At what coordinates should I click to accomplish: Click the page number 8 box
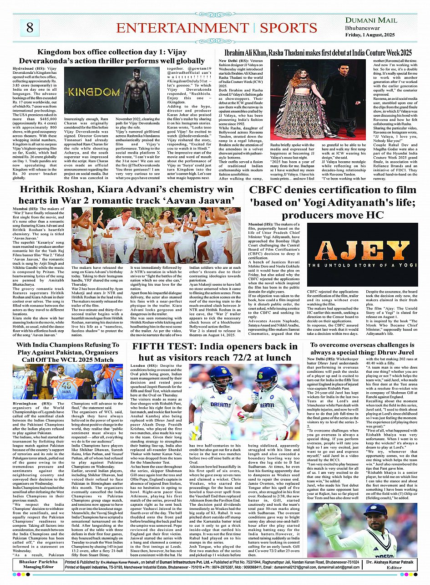pos(30,27)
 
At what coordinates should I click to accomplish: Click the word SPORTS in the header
pos(288,27)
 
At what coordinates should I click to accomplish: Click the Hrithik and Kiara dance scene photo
pos(156,236)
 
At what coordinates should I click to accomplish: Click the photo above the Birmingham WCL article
pos(61,381)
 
